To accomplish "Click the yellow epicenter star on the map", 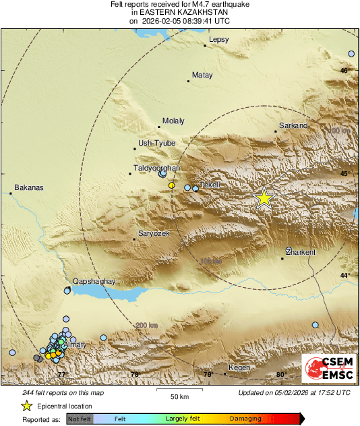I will pos(264,197).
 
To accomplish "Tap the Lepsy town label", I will pos(219,40).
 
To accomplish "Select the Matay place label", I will pos(202,75).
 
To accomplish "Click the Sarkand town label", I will pos(293,125).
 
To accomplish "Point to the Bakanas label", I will pos(28,187).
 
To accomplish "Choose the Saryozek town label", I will pos(153,233).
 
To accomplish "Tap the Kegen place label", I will pos(239,367).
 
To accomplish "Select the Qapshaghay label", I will pos(94,282).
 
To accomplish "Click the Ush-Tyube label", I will pos(156,143).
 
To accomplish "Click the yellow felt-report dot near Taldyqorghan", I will pos(172,185).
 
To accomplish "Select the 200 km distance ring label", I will pos(147,326).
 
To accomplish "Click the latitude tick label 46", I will pos(344,71).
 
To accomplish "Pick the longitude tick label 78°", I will pos(134,375).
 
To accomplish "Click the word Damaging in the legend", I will pos(245,419).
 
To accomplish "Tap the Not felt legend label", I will pos(80,419).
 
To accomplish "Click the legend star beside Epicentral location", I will pos(26,406).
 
